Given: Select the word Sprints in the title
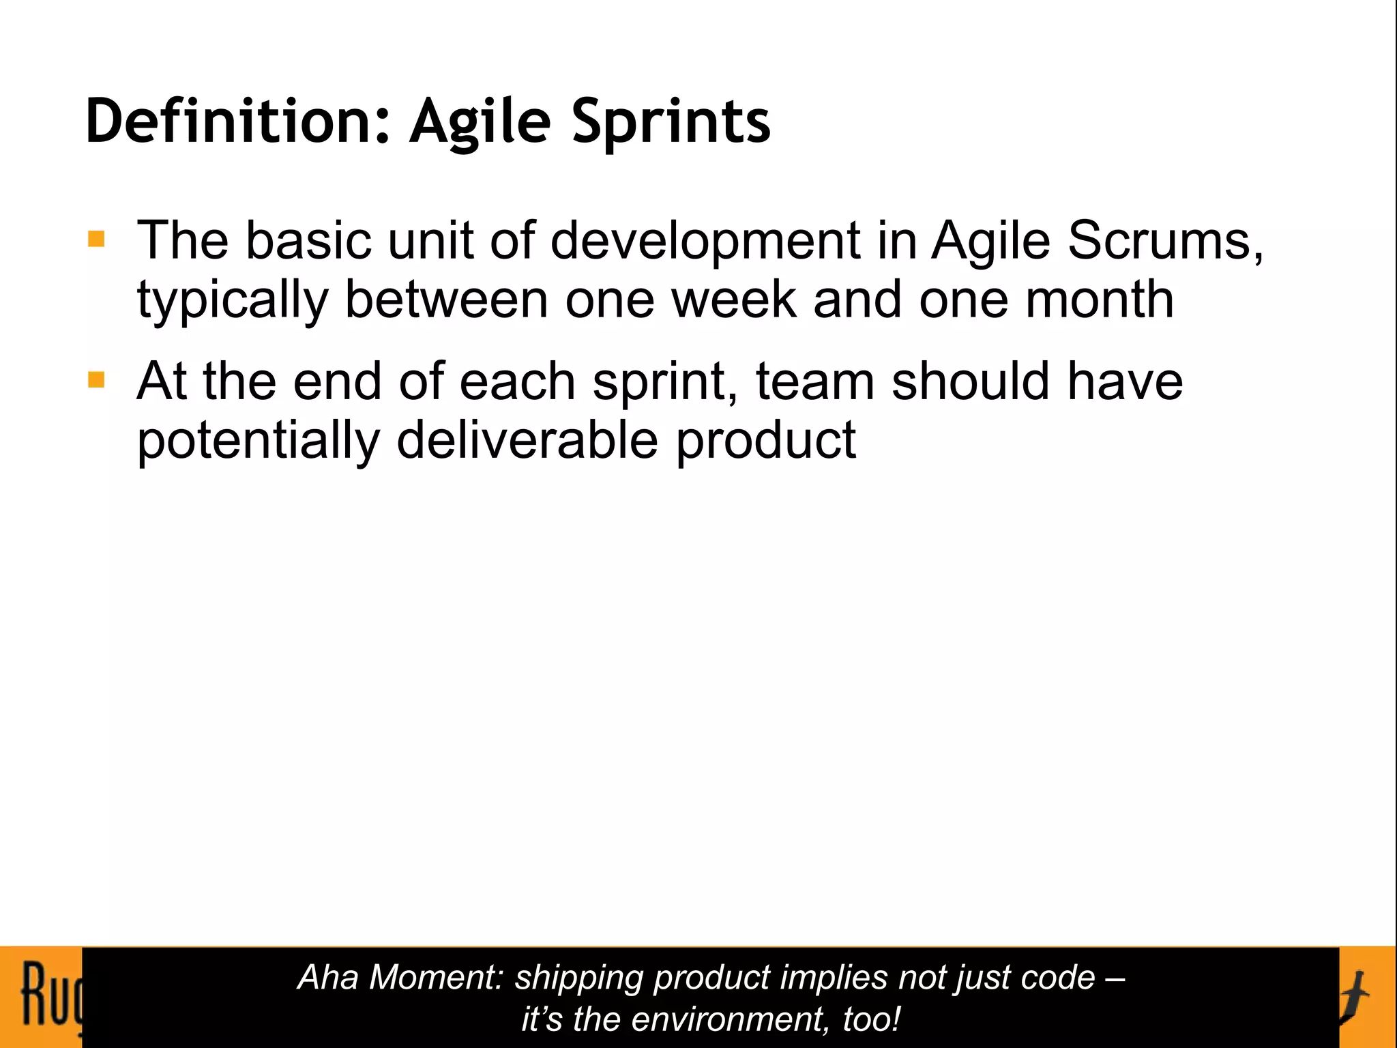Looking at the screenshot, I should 671,121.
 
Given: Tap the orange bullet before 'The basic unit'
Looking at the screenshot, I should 96,239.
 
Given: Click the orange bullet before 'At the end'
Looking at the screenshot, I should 96,380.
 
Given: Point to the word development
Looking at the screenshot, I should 705,242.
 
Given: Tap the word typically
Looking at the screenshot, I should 233,301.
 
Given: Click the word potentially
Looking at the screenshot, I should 258,441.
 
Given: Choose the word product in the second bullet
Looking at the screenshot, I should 765,441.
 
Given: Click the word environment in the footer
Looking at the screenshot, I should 729,1019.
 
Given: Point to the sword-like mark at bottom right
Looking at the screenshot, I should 1357,996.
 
